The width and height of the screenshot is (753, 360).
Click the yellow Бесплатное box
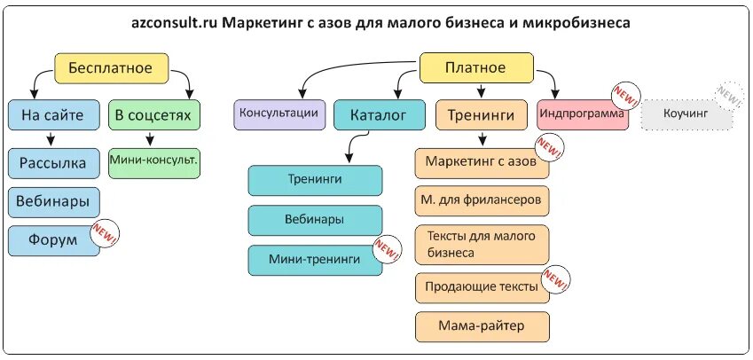pyautogui.click(x=111, y=67)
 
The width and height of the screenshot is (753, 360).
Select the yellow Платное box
pyautogui.click(x=475, y=67)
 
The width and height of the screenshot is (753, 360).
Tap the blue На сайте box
pyautogui.click(x=53, y=115)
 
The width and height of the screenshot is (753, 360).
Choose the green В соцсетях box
pyautogui.click(x=153, y=115)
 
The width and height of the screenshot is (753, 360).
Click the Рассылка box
pyautogui.click(x=53, y=163)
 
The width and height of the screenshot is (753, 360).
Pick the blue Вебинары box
pyautogui.click(x=53, y=201)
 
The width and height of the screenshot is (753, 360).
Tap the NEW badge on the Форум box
pyautogui.click(x=106, y=234)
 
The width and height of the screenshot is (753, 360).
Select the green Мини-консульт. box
pyautogui.click(x=153, y=161)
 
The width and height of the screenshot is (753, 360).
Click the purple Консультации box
pyautogui.click(x=278, y=113)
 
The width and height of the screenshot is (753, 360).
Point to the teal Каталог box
pyautogui.click(x=379, y=115)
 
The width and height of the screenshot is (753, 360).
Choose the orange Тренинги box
pyautogui.click(x=481, y=115)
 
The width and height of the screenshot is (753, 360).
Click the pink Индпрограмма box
pyautogui.click(x=582, y=114)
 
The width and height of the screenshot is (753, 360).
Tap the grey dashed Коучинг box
pyautogui.click(x=686, y=114)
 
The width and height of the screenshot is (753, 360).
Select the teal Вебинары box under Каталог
pyautogui.click(x=315, y=220)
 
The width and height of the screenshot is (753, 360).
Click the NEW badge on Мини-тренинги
pyautogui.click(x=388, y=249)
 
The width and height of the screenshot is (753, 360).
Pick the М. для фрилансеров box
pyautogui.click(x=482, y=200)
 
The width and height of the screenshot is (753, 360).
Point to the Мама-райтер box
pyautogui.click(x=482, y=326)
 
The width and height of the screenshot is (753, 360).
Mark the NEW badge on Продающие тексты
pyautogui.click(x=555, y=280)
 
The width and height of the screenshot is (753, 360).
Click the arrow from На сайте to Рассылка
pyautogui.click(x=51, y=138)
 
